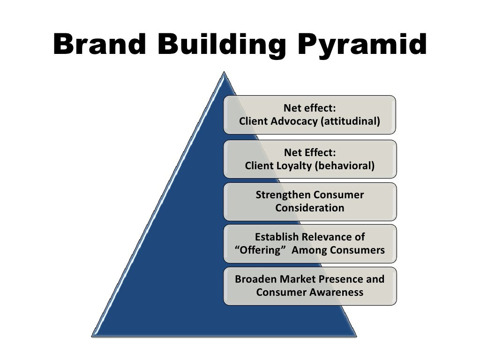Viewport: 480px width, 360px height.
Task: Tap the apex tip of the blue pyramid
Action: (x=225, y=73)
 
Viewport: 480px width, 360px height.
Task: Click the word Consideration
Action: (x=310, y=208)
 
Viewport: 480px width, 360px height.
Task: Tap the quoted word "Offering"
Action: (x=260, y=250)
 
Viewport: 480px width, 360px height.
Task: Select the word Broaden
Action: (x=256, y=279)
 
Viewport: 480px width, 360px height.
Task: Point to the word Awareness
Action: (x=336, y=292)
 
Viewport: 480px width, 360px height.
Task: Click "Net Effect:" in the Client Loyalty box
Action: (x=310, y=153)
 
